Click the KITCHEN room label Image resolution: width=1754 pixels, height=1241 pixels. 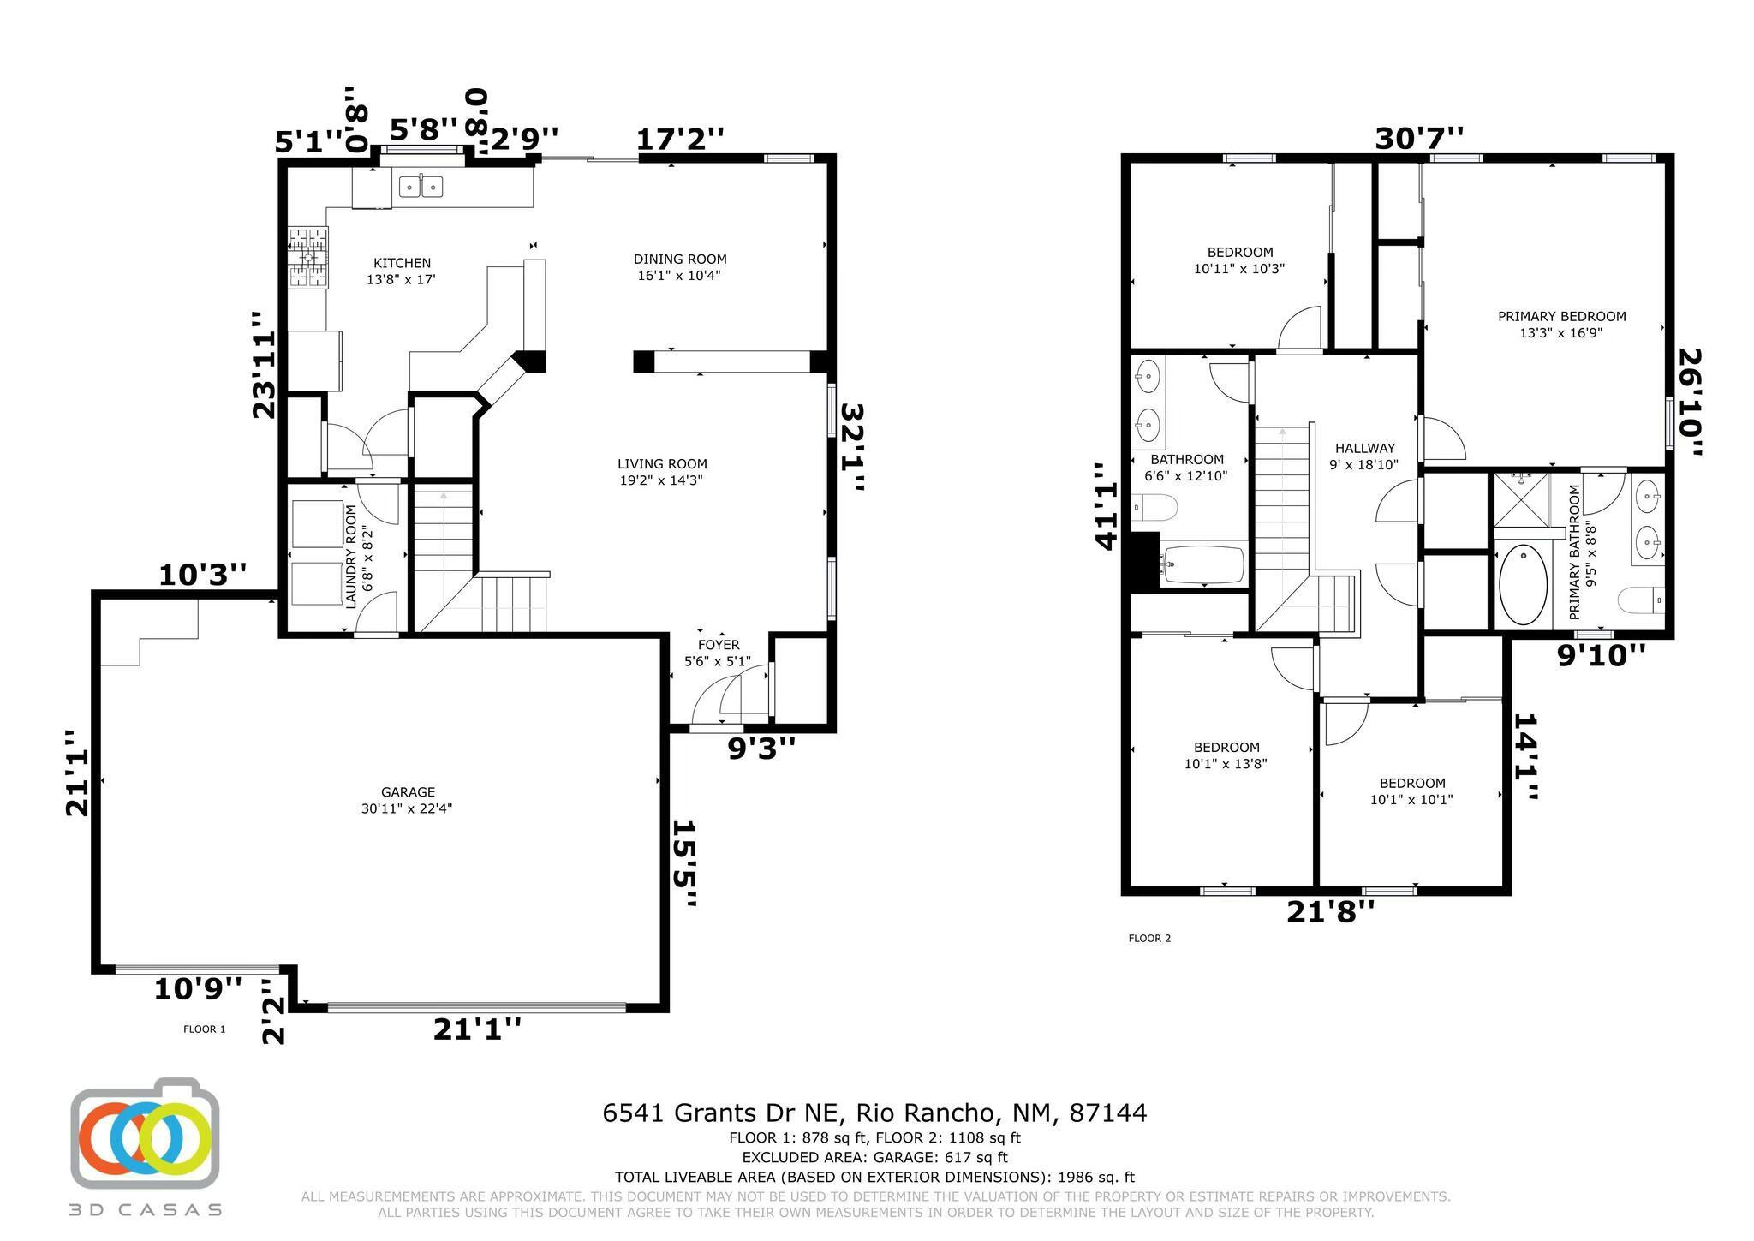pos(402,263)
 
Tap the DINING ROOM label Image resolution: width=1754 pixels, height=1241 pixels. pos(680,259)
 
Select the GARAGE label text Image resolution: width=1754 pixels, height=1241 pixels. pos(408,792)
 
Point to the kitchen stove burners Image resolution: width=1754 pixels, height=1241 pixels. pos(307,256)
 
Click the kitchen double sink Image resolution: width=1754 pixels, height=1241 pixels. pos(420,185)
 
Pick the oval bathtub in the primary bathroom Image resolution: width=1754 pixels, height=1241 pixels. pos(1524,584)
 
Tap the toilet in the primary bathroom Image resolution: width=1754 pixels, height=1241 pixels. pos(1641,600)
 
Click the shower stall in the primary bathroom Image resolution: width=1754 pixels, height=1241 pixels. pos(1522,500)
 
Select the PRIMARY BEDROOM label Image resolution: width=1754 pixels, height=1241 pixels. pos(1561,316)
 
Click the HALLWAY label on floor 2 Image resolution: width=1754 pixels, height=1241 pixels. pos(1364,448)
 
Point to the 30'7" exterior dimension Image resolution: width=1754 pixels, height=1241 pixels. pos(1419,138)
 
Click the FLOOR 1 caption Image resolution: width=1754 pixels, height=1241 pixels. pos(204,1029)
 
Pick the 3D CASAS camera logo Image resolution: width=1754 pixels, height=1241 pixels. pos(145,1133)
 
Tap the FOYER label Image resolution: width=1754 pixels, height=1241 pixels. pos(719,645)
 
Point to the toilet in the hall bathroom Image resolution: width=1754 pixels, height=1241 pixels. pos(1153,508)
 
